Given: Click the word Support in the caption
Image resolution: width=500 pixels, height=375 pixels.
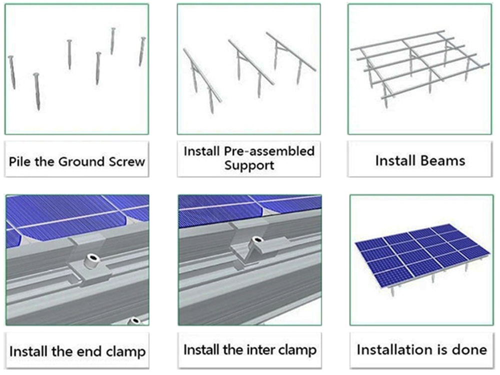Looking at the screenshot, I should coord(249,165).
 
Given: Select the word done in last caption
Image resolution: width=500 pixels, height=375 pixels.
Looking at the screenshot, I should coord(468,349).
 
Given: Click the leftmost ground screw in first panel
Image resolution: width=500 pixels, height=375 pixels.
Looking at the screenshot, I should coord(11,72).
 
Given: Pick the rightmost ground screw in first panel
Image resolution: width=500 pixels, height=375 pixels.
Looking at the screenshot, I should coord(142,51).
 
